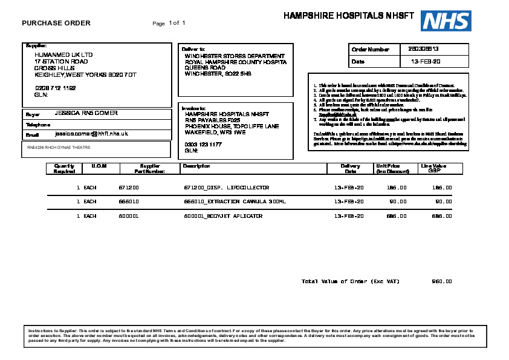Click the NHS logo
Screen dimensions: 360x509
tap(446, 21)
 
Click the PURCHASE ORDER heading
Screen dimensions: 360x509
tap(56, 24)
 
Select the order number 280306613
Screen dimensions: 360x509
tap(423, 49)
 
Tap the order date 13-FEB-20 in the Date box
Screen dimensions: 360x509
tap(426, 62)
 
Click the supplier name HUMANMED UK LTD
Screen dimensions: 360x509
tap(63, 54)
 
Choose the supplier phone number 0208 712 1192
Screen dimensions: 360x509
tap(56, 88)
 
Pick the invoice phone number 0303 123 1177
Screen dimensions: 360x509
tap(203, 145)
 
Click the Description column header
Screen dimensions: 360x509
tap(196, 166)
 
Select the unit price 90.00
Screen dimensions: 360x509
tap(397, 201)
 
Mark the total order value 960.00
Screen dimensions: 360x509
tap(442, 281)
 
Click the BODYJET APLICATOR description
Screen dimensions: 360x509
tap(223, 216)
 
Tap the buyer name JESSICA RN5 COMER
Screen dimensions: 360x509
tap(86, 113)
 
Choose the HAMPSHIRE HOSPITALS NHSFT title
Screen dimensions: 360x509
tap(349, 16)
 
